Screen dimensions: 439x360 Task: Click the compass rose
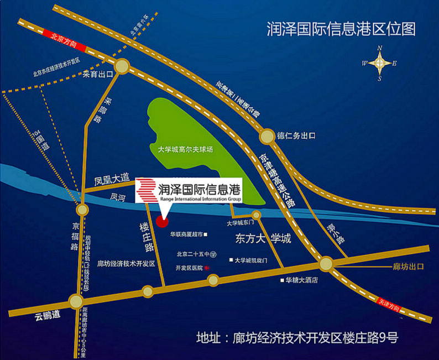coord(379,63)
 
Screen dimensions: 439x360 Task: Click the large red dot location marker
coord(162,222)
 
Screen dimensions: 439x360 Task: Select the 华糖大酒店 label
coord(302,280)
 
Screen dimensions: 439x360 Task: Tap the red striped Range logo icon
coord(147,189)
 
